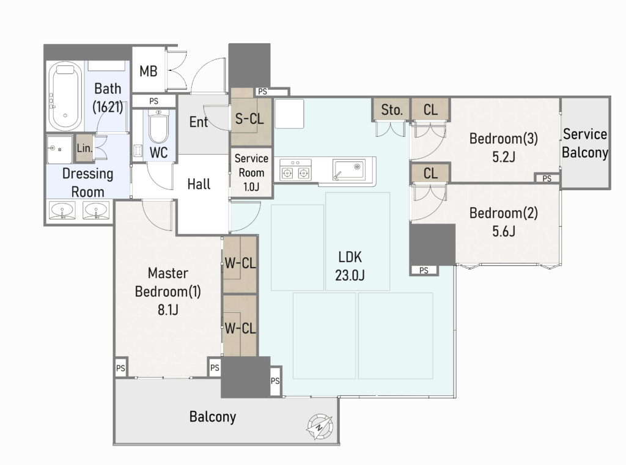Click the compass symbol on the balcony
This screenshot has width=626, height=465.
click(x=319, y=427)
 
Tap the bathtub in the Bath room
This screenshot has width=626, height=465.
click(x=65, y=96)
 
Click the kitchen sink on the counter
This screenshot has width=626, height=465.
click(x=348, y=170)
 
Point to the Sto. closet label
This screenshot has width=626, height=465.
click(x=392, y=110)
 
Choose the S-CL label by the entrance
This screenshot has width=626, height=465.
click(x=249, y=119)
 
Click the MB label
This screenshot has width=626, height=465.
click(x=149, y=71)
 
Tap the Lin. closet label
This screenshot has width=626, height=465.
click(x=84, y=148)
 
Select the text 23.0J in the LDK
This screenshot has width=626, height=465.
click(x=350, y=276)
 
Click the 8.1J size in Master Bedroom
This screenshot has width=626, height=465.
click(x=168, y=310)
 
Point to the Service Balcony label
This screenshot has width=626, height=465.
click(x=585, y=144)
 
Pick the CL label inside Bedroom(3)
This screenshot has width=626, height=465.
click(x=430, y=110)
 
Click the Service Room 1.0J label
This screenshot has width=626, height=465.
click(x=251, y=172)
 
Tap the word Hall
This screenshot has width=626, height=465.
click(x=199, y=184)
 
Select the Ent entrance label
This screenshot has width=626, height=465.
click(x=199, y=122)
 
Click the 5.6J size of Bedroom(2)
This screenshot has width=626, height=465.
click(x=504, y=231)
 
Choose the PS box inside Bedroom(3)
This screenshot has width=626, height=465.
click(x=547, y=178)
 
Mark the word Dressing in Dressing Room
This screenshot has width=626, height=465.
click(x=88, y=174)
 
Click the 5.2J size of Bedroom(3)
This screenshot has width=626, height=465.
click(x=504, y=157)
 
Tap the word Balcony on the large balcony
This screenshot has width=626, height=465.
click(x=213, y=417)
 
